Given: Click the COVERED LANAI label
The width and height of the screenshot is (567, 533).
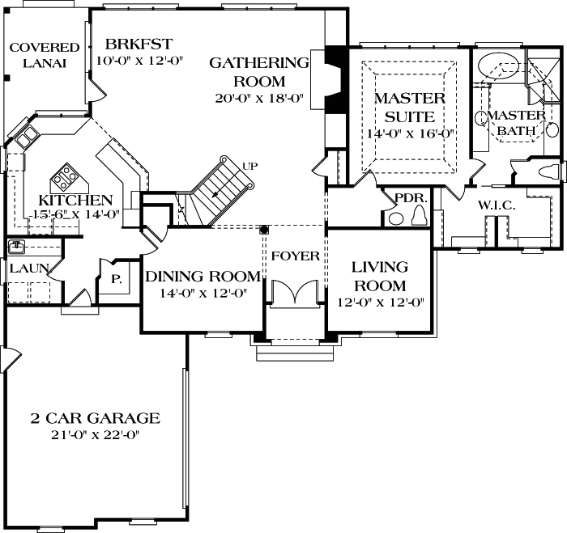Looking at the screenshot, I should [x=45, y=56].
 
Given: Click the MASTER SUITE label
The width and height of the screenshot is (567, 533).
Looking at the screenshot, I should [x=409, y=108].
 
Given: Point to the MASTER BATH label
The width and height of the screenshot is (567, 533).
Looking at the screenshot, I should [x=516, y=123].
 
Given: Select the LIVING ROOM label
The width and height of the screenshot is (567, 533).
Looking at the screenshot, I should [x=380, y=276].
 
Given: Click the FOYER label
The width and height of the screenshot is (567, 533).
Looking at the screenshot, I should [x=295, y=256].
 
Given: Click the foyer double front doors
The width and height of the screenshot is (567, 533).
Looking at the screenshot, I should [x=295, y=293].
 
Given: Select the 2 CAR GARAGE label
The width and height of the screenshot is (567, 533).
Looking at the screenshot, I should [x=96, y=418].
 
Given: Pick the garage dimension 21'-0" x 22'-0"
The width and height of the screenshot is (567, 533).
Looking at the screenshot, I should [x=96, y=436].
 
